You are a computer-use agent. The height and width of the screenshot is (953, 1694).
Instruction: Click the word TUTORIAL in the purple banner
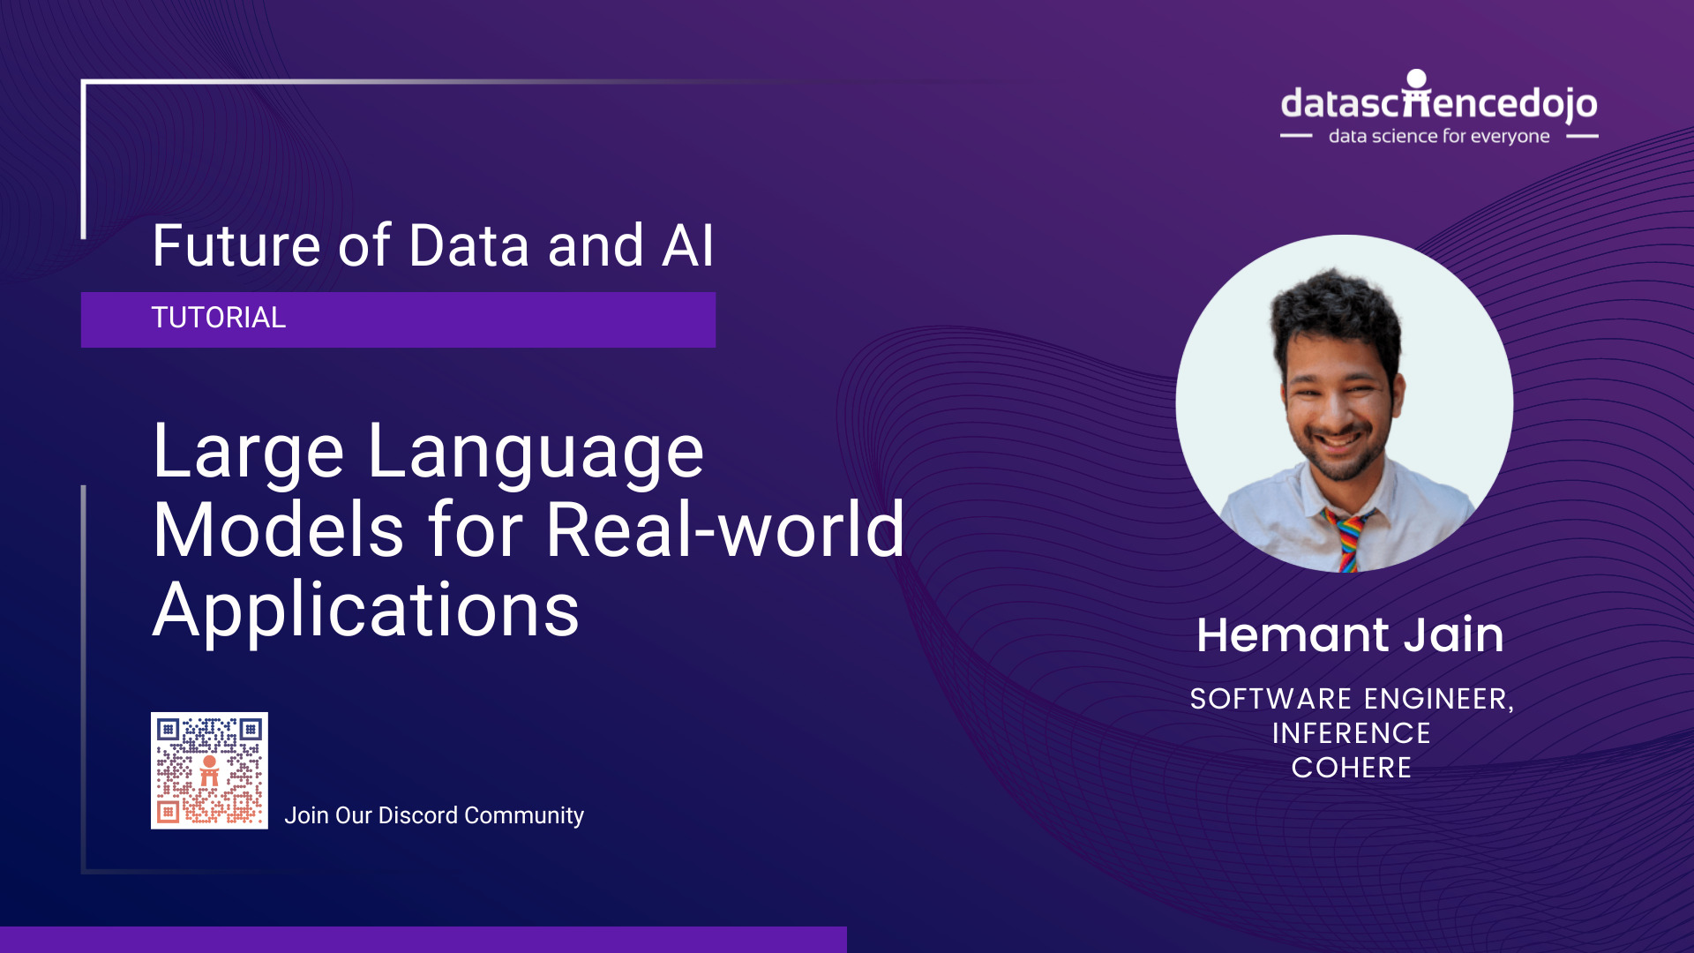point(218,318)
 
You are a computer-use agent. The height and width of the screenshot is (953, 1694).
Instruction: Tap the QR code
point(209,770)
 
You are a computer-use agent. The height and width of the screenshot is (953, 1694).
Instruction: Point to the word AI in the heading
point(687,245)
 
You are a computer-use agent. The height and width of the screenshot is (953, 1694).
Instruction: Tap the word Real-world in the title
point(725,531)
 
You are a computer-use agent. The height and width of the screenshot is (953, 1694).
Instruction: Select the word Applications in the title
point(366,611)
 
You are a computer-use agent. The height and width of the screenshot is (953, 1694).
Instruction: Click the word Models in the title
point(278,531)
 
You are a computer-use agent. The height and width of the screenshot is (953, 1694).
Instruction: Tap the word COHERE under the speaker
point(1351,768)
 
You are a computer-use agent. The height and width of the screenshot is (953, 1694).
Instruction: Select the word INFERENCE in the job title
point(1351,733)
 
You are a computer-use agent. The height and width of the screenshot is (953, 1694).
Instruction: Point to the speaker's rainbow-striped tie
point(1348,540)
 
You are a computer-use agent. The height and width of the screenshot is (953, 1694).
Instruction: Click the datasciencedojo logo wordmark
point(1438,103)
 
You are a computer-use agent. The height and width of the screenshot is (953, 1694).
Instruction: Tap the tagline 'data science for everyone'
point(1438,136)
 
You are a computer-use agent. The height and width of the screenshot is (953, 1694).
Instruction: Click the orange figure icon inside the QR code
point(209,770)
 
